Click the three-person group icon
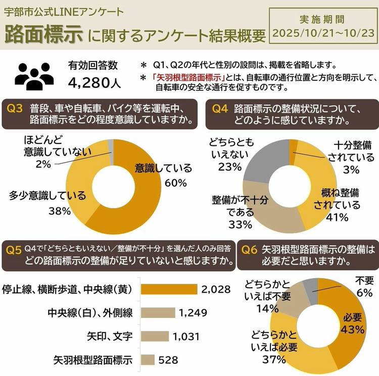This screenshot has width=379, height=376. pos(34,75)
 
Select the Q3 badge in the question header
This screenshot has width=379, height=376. pos(16,108)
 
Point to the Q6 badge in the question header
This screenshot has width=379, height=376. pos(250,249)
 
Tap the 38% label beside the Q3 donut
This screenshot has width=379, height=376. pos(60,211)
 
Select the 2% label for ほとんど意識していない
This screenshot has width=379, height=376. pos(42,163)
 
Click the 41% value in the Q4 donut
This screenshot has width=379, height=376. pos(337,218)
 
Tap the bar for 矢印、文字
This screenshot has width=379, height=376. pos(155,336)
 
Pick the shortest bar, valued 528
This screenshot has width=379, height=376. pos(148,360)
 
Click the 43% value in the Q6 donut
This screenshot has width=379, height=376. pos(353,329)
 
